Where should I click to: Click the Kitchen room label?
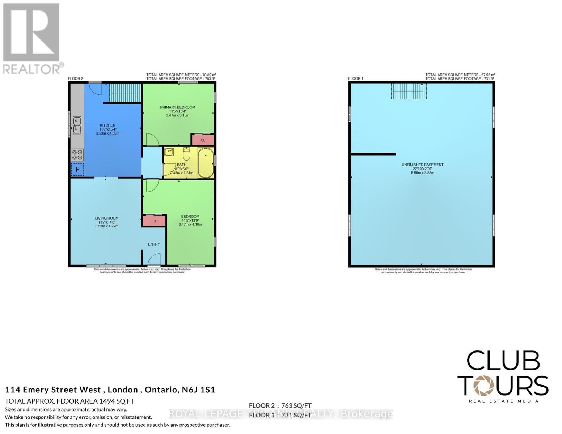pyautogui.click(x=107, y=125)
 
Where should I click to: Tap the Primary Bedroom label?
pyautogui.click(x=178, y=107)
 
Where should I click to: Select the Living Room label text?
pyautogui.click(x=107, y=218)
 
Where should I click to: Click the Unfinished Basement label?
pyautogui.click(x=422, y=165)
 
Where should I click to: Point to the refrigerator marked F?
pyautogui.click(x=77, y=169)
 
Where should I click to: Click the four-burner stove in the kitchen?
pyautogui.click(x=77, y=155)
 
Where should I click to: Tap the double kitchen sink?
pyautogui.click(x=77, y=125)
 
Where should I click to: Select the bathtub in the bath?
pyautogui.click(x=206, y=163)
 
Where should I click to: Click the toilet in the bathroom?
pyautogui.click(x=186, y=154)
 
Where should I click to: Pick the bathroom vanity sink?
pyautogui.click(x=169, y=152)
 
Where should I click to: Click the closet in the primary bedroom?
pyautogui.click(x=203, y=140)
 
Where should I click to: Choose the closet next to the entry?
pyautogui.click(x=155, y=221)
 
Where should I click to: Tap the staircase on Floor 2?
pyautogui.click(x=125, y=93)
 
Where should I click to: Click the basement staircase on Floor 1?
pyautogui.click(x=409, y=91)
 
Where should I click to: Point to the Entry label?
pyautogui.click(x=154, y=244)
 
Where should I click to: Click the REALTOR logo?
pyautogui.click(x=31, y=38)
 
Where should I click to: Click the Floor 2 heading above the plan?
pyautogui.click(x=76, y=78)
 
